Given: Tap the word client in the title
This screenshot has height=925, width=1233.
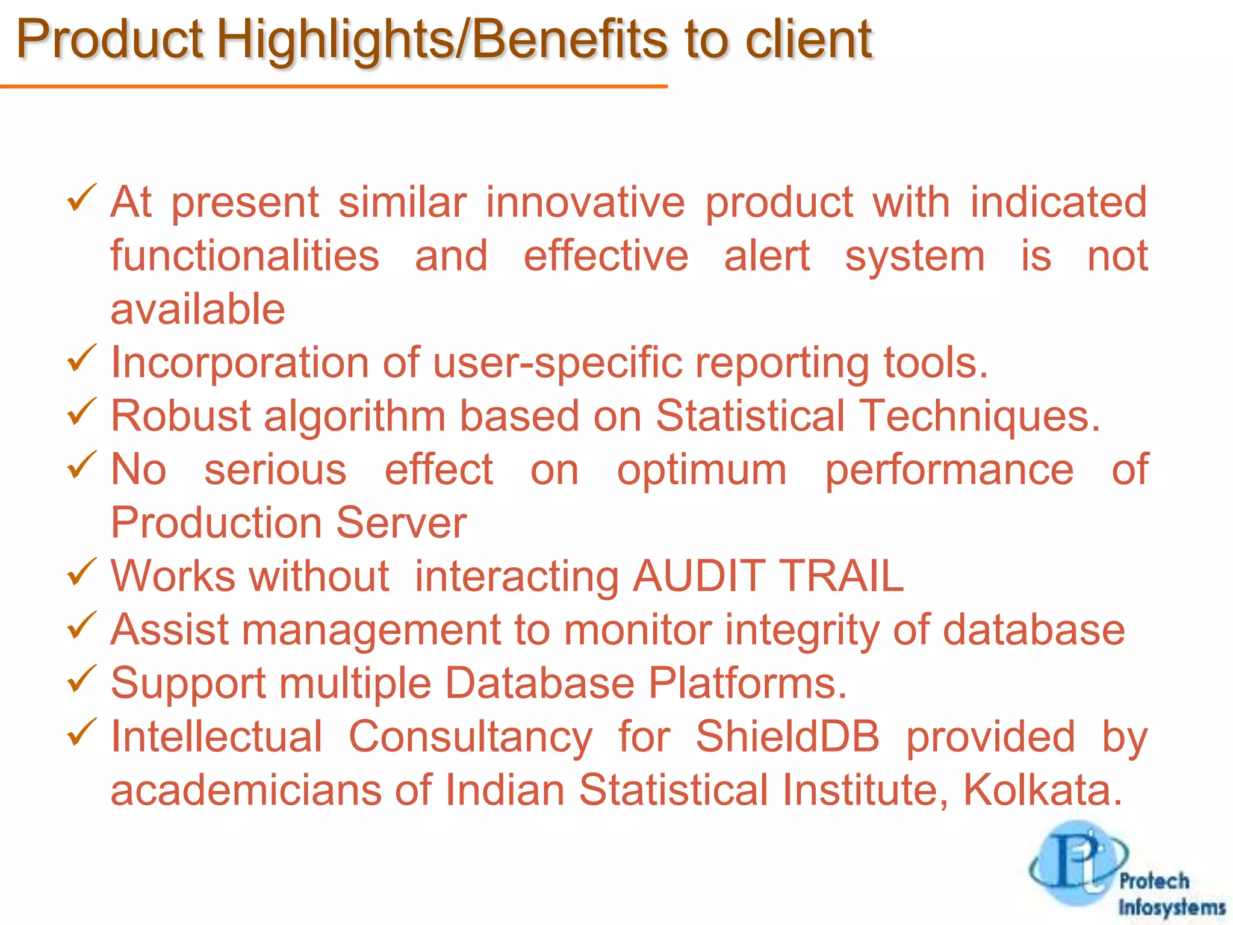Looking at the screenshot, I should pyautogui.click(x=809, y=40).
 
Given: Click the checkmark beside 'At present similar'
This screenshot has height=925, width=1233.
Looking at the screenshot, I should pyautogui.click(x=81, y=198).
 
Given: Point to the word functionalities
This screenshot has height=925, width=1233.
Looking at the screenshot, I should pyautogui.click(x=244, y=256).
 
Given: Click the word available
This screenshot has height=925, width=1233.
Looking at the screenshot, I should pyautogui.click(x=197, y=310).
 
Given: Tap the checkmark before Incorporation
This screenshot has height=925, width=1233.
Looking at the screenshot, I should pyautogui.click(x=81, y=358).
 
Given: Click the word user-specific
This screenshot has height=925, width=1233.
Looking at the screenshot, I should pyautogui.click(x=557, y=363).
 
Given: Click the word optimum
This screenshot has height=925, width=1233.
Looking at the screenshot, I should pyautogui.click(x=701, y=470).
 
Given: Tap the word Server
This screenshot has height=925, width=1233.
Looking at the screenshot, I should pyautogui.click(x=401, y=523).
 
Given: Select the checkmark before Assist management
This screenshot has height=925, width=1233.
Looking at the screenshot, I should pyautogui.click(x=81, y=626).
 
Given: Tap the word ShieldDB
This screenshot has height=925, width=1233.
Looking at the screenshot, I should pyautogui.click(x=787, y=737).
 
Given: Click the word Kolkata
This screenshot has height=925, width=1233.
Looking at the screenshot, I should pyautogui.click(x=1042, y=790).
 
